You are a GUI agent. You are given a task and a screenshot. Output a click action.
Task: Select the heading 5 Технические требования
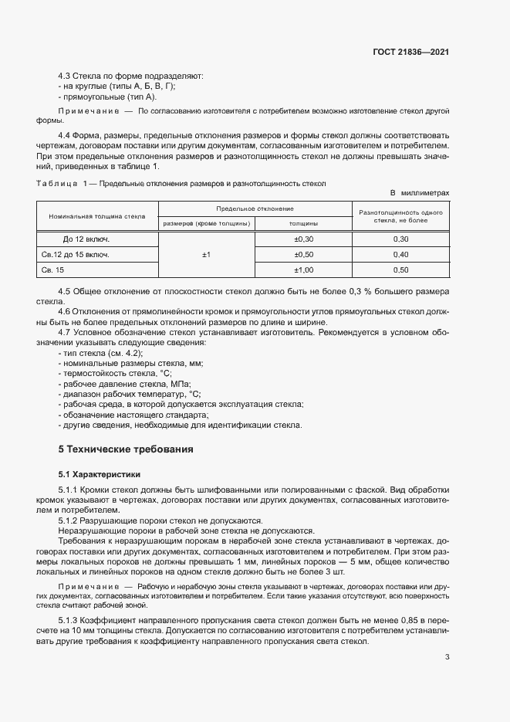point(126,449)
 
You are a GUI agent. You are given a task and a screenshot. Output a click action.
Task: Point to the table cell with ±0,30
point(304,239)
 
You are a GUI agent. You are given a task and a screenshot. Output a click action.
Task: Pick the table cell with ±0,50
point(304,254)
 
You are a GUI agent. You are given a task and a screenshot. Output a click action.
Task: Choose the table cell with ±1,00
point(304,269)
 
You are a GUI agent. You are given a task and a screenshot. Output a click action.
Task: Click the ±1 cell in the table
point(207,254)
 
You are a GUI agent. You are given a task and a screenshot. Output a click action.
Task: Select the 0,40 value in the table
point(400,254)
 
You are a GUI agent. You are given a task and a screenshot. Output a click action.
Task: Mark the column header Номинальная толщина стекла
point(97,216)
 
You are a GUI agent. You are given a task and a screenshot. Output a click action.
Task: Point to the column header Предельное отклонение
point(255,208)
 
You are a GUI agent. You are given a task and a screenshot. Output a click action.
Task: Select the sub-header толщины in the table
point(304,224)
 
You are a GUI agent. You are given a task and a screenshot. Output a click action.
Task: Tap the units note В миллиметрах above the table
point(420,193)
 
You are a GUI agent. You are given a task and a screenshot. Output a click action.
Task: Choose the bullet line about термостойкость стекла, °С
point(115,372)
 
